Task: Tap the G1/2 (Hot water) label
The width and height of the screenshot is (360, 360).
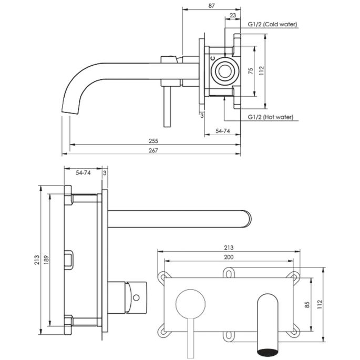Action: click(270, 117)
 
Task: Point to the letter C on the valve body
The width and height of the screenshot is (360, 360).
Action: click(212, 58)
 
